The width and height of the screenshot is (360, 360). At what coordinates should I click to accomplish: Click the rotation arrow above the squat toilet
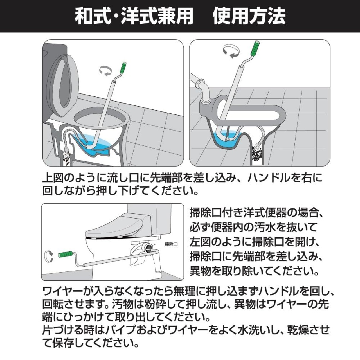(231, 51)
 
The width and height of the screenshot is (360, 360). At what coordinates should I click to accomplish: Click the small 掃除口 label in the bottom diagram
(171, 244)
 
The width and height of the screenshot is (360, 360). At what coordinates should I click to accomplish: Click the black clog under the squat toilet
(257, 153)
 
